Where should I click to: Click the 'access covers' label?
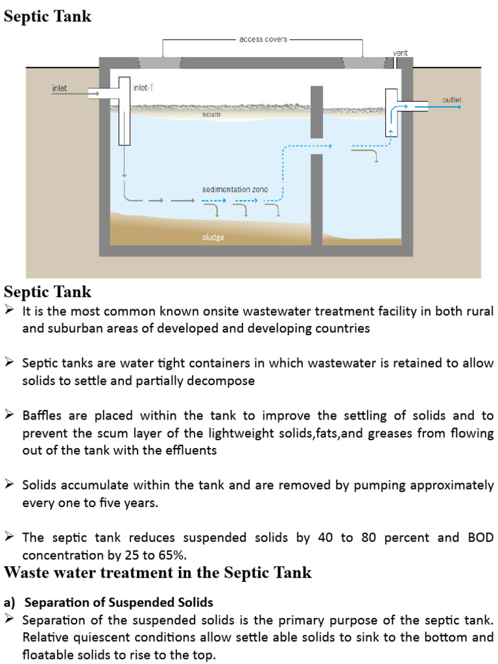(263, 40)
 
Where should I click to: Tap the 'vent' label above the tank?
(400, 53)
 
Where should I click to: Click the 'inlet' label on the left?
(59, 88)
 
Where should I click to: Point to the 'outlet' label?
(451, 100)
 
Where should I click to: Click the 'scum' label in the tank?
(211, 115)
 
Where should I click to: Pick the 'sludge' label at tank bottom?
(213, 237)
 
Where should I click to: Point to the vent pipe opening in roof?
(395, 63)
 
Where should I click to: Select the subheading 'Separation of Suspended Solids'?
(119, 602)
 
